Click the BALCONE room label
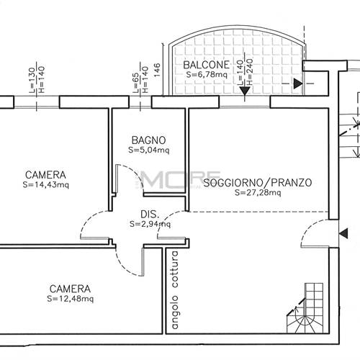coord(206,64)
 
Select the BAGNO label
coord(149,140)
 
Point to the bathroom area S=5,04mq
coord(149,150)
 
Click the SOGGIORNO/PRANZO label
coord(258,183)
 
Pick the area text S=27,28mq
coord(258,193)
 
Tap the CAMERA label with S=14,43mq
coord(45,175)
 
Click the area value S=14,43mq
coord(45,185)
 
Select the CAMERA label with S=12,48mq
coord(70,287)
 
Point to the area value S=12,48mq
coord(70,298)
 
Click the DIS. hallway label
coord(149,214)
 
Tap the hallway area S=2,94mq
coord(150,224)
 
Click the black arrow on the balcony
coord(297,84)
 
